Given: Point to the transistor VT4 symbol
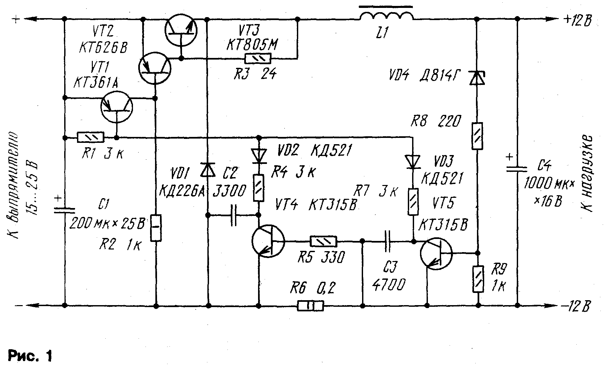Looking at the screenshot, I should click(x=268, y=242).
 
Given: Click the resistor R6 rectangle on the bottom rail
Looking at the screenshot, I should click(x=310, y=306).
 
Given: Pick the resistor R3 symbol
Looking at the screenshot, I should click(x=258, y=59).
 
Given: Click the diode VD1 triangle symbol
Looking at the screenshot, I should click(x=208, y=169).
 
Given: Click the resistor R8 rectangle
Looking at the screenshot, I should click(x=478, y=136).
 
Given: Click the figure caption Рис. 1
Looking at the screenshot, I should click(x=30, y=356).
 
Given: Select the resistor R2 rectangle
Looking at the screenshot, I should click(x=156, y=228).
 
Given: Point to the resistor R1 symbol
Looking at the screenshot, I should click(x=90, y=137).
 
